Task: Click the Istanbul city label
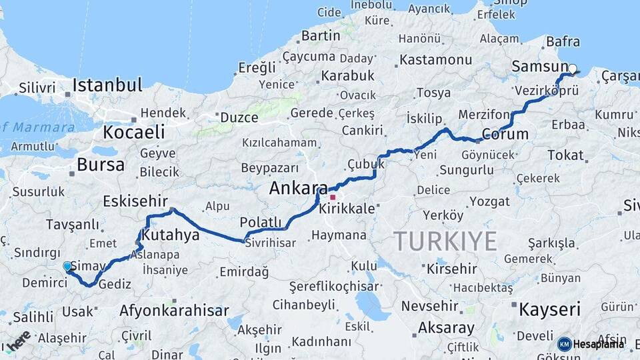107,85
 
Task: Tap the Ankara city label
298,189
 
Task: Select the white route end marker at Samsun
573,68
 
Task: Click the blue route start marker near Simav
67,267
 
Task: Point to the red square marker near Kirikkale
333,197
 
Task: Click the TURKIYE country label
445,241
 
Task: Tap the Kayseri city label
550,309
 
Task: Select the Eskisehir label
135,201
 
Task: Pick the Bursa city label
101,165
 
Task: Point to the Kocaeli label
134,131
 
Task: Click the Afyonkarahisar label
174,311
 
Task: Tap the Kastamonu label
435,60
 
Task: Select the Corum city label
505,133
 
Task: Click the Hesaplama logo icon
564,344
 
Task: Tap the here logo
19,341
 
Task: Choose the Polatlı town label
261,222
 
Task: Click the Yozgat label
489,201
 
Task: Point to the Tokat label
565,155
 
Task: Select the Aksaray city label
446,328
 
